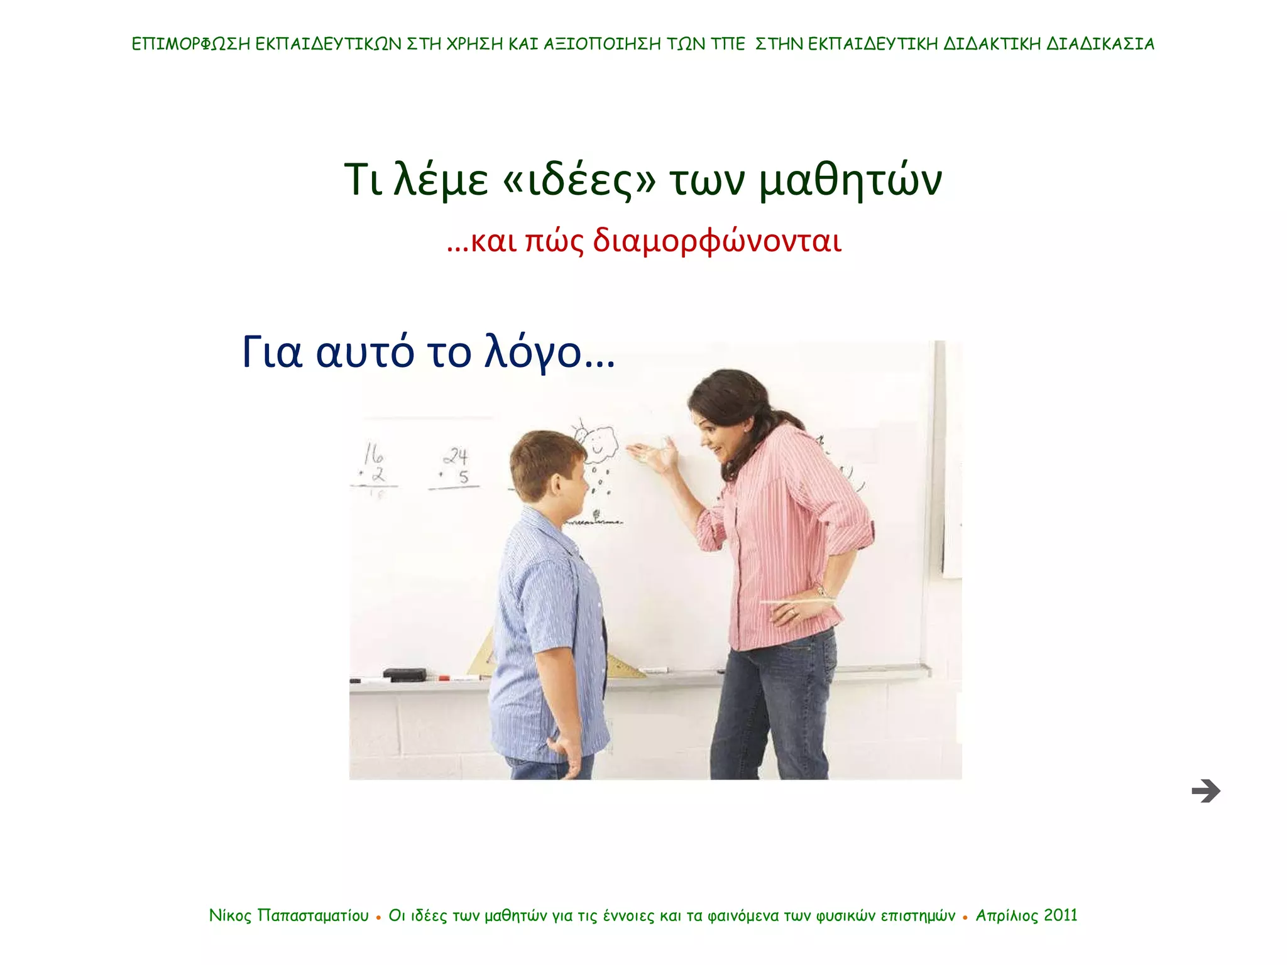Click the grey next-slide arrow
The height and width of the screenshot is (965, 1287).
(x=1205, y=791)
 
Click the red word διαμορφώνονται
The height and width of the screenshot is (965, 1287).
(x=717, y=241)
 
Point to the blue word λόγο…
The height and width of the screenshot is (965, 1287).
(x=549, y=353)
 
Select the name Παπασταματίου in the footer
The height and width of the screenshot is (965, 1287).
(x=313, y=915)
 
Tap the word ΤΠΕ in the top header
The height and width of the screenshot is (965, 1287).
(x=728, y=44)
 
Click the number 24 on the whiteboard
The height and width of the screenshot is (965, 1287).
(x=456, y=455)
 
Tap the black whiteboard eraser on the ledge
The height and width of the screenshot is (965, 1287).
(x=405, y=675)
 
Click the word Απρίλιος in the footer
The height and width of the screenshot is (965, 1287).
(x=1007, y=915)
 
